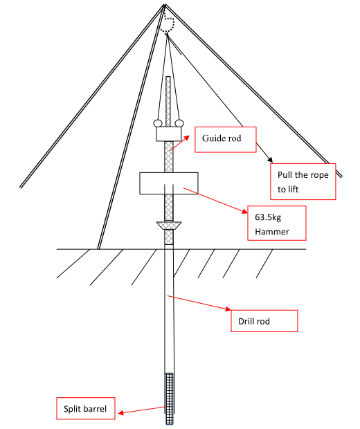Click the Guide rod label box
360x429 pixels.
point(225,140)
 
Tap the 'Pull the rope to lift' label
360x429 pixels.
point(303,182)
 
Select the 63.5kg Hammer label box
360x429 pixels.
point(277,223)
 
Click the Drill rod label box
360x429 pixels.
point(264,321)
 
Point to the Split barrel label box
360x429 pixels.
point(86,408)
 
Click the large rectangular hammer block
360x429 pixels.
point(169,183)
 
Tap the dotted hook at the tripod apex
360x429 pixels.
point(167,25)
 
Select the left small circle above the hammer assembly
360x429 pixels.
point(157,123)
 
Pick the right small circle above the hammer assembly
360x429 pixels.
point(179,123)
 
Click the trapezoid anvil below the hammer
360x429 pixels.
point(169,226)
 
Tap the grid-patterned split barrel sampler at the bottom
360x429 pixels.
point(170,399)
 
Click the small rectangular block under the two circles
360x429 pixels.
point(169,134)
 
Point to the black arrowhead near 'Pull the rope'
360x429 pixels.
point(270,160)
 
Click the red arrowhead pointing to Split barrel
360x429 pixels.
point(121,412)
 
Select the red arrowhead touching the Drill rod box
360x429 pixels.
point(228,309)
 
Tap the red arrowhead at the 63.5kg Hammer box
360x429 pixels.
point(244,210)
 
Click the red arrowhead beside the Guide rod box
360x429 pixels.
point(187,137)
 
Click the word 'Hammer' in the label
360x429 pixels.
point(272,232)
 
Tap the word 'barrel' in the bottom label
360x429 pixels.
point(95,408)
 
